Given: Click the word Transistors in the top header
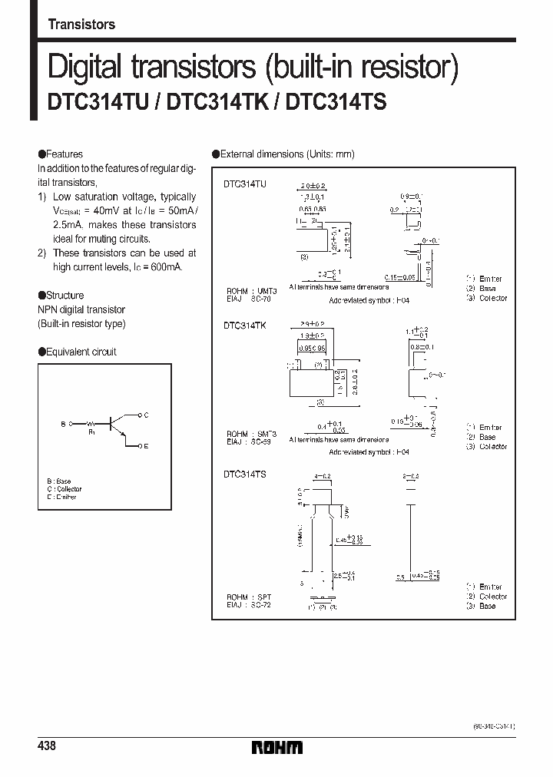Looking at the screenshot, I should (x=81, y=25).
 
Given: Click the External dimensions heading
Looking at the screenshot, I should (x=286, y=154).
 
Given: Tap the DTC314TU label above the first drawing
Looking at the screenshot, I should (x=245, y=185).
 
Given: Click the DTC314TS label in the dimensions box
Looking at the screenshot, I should (x=245, y=475).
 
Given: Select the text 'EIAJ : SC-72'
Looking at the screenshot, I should (x=248, y=605).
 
